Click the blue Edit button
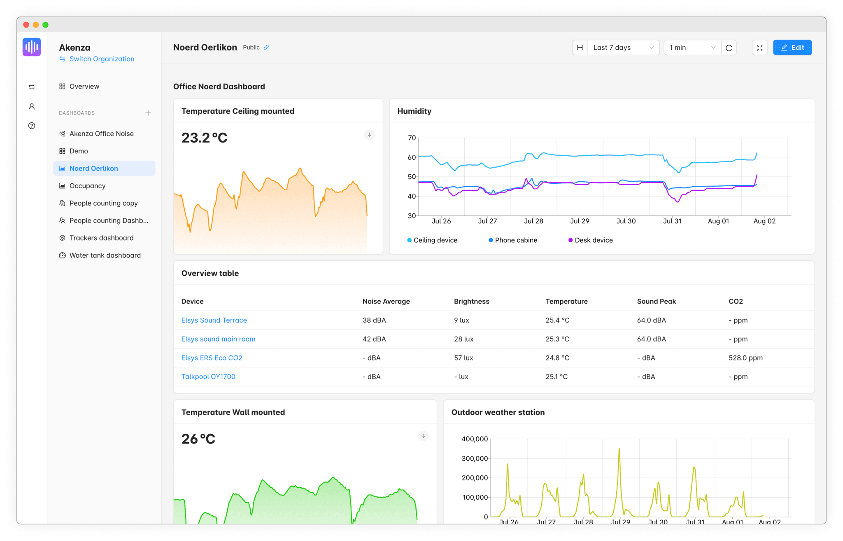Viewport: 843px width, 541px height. [792, 47]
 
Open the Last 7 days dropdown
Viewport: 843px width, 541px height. [623, 47]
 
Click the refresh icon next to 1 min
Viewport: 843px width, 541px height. [729, 48]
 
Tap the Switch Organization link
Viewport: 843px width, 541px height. [101, 59]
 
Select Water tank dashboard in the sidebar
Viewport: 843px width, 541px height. [105, 255]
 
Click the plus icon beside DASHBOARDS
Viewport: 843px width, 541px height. [148, 113]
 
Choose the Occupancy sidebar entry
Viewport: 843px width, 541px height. [87, 186]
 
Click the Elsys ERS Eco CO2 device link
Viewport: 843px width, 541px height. [212, 358]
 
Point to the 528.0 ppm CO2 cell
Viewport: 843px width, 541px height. [745, 358]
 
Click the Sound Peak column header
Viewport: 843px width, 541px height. [656, 301]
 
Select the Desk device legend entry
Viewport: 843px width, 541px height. [593, 240]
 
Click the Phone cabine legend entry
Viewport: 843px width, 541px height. [515, 240]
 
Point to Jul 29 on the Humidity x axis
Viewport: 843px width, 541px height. [580, 221]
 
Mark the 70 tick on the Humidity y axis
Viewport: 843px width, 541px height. [411, 138]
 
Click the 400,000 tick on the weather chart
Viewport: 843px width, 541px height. [474, 439]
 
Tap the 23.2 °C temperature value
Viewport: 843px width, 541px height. [204, 138]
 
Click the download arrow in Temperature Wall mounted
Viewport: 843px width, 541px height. [423, 436]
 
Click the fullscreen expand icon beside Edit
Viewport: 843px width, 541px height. [759, 48]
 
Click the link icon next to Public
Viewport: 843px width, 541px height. [266, 47]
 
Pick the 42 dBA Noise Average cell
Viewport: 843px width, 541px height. [374, 339]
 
